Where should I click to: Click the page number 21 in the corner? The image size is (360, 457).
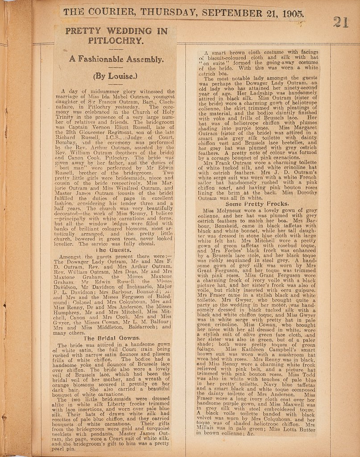[341, 21]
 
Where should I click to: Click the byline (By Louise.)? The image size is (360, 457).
[115, 76]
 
